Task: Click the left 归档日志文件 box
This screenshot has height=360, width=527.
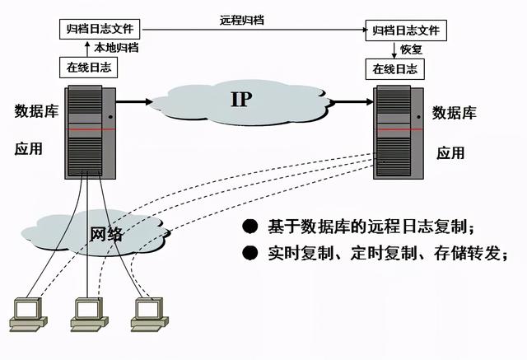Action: pos(101,29)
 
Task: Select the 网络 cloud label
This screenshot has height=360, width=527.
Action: pos(105,233)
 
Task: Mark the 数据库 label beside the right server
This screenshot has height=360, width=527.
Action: pos(455,112)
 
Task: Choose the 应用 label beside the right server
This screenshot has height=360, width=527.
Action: pos(450,152)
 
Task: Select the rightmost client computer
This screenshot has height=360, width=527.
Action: pos(147,312)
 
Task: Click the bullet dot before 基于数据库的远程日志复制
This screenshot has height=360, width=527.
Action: pos(248,227)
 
